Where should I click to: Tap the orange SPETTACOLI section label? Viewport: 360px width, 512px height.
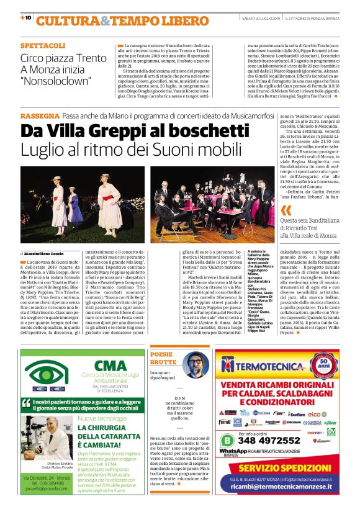coord(42,46)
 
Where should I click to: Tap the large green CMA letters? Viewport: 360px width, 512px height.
coord(109,366)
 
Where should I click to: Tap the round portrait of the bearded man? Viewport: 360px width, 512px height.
coord(195,364)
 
